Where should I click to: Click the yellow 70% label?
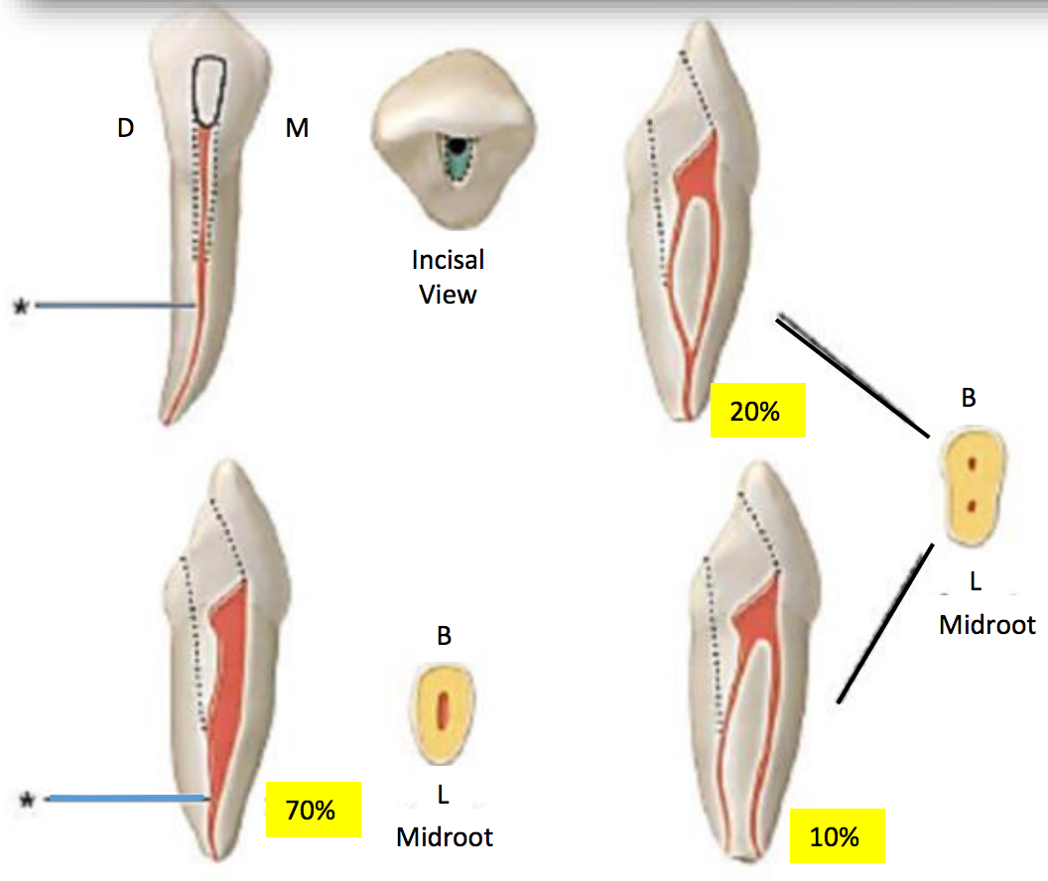click(312, 810)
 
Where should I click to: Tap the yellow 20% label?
click(757, 411)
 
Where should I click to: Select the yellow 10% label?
click(835, 836)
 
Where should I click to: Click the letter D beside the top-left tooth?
click(126, 128)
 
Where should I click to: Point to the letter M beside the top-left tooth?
click(297, 128)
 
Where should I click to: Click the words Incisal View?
click(449, 277)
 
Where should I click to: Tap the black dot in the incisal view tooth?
click(456, 147)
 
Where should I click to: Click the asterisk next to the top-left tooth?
click(20, 308)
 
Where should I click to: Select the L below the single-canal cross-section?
click(445, 793)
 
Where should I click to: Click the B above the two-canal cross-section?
click(969, 399)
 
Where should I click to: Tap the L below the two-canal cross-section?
click(975, 582)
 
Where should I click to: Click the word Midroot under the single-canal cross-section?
click(445, 837)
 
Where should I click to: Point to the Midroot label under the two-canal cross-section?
click(986, 625)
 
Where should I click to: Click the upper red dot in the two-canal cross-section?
click(974, 463)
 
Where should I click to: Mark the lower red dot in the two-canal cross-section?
click(974, 506)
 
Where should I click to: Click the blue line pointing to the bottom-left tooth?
click(127, 798)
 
